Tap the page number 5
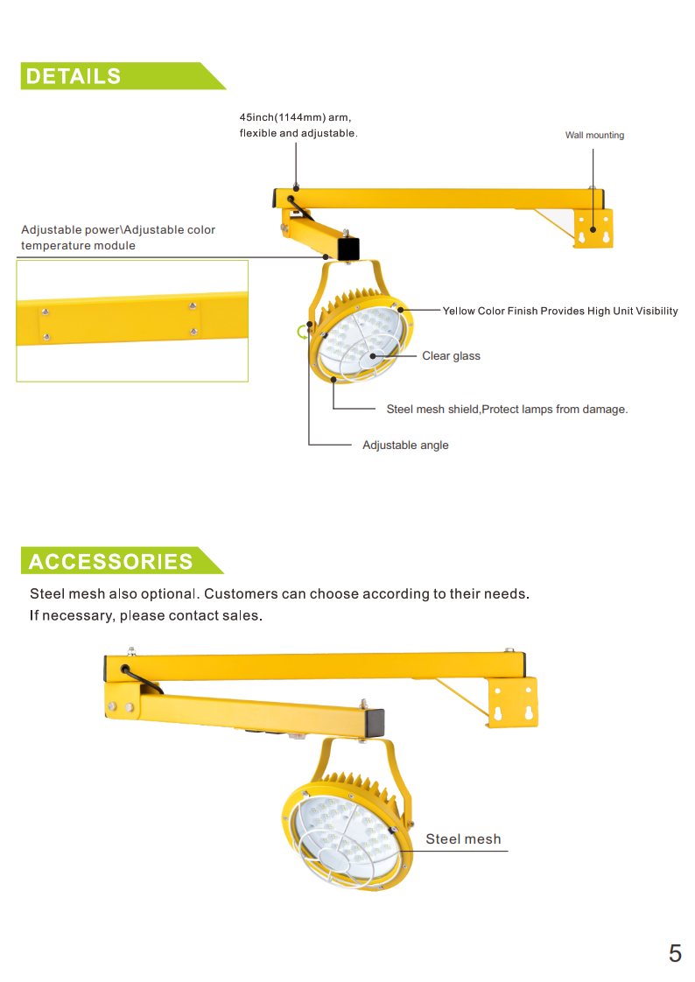click(x=675, y=953)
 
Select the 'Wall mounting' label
click(x=594, y=136)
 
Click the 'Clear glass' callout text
click(x=451, y=356)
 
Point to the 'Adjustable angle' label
click(x=405, y=445)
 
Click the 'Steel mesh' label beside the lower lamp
click(x=463, y=839)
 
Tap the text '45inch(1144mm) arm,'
click(x=295, y=117)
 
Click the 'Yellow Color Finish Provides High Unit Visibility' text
click(x=560, y=312)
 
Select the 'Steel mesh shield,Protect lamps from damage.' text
click(x=507, y=410)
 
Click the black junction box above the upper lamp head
click(x=348, y=249)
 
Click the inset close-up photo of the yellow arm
click(x=132, y=321)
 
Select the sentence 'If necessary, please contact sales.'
click(x=146, y=616)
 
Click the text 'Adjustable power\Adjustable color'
click(x=118, y=230)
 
